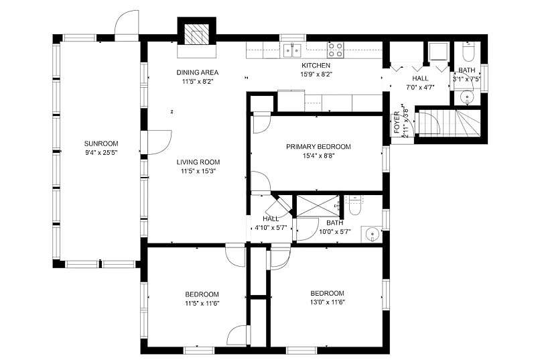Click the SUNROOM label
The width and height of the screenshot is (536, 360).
coord(101,143)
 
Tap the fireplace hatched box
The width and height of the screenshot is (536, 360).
coord(196,34)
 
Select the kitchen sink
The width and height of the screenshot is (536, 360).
coord(292,50)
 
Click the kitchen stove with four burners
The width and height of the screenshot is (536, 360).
coord(336,50)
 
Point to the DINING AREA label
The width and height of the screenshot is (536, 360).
coord(197,72)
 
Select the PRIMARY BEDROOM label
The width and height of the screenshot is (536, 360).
coord(318,147)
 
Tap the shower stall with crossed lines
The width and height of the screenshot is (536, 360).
coord(318,206)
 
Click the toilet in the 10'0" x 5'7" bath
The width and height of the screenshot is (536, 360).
coord(355,204)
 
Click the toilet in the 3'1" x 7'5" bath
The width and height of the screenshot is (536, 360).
coord(467,51)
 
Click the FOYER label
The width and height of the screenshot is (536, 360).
coord(397,122)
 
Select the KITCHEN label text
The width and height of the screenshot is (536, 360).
coord(316,65)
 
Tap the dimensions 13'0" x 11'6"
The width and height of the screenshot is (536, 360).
coord(327,302)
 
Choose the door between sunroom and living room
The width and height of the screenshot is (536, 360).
coord(158,142)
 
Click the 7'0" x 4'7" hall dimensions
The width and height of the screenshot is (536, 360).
coord(420,87)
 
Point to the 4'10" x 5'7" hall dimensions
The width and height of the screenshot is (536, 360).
coord(271,228)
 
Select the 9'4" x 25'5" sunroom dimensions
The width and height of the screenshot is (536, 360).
coord(101,153)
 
